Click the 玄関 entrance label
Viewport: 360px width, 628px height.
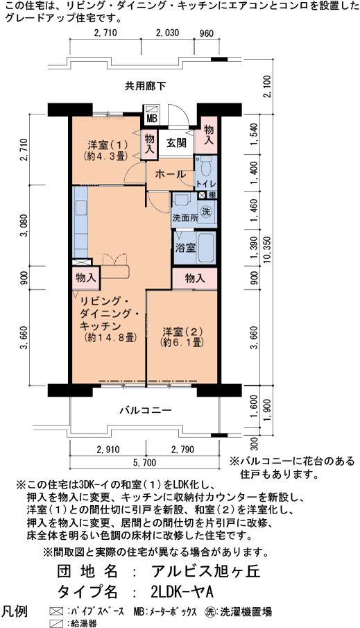pyautogui.click(x=175, y=142)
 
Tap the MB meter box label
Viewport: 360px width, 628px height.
pyautogui.click(x=151, y=118)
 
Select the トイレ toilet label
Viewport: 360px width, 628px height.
pyautogui.click(x=206, y=183)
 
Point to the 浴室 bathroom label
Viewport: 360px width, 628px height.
pyautogui.click(x=185, y=247)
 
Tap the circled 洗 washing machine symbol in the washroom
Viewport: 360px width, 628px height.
pyautogui.click(x=206, y=212)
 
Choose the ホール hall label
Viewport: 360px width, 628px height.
pyautogui.click(x=170, y=174)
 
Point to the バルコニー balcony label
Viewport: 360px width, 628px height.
pyautogui.click(x=146, y=411)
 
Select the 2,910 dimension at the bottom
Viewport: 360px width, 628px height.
pyautogui.click(x=108, y=450)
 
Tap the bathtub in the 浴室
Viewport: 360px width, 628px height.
pyautogui.click(x=205, y=247)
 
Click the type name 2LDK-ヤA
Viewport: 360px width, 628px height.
pyautogui.click(x=182, y=591)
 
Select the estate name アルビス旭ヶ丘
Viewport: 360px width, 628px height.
pyautogui.click(x=206, y=570)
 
